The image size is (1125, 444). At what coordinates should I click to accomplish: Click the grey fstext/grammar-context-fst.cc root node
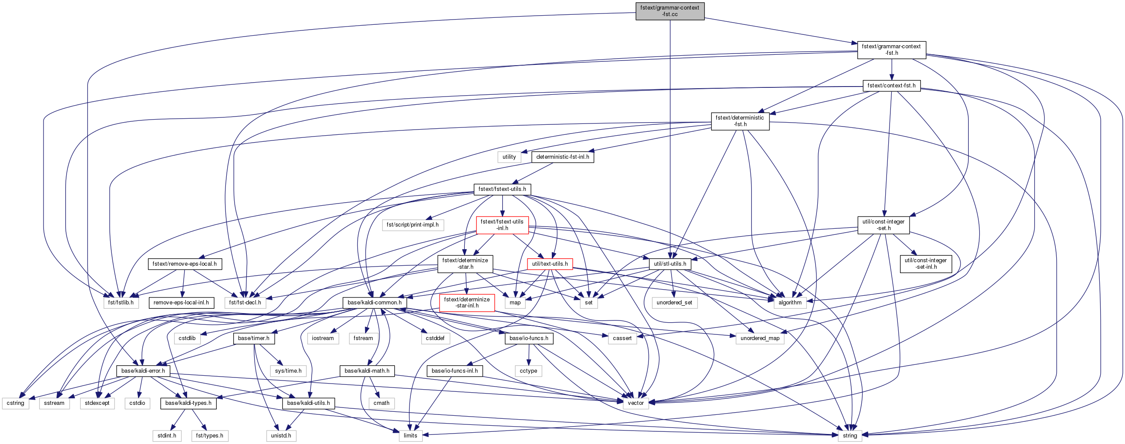(x=669, y=11)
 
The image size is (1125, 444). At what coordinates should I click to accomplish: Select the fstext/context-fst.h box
(x=891, y=86)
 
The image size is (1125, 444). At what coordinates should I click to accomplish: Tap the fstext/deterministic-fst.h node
(x=740, y=121)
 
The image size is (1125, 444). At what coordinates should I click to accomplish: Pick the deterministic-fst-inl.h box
(x=562, y=157)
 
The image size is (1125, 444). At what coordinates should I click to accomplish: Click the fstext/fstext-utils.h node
(x=502, y=189)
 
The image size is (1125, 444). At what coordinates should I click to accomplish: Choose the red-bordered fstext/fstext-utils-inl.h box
(x=502, y=225)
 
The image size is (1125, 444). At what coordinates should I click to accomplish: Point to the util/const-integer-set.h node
(x=883, y=225)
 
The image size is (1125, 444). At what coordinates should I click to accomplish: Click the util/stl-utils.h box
(x=670, y=264)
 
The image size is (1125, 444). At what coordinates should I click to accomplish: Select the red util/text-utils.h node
(x=550, y=264)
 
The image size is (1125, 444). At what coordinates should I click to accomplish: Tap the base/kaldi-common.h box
(x=375, y=302)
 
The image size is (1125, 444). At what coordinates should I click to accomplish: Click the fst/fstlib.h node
(x=121, y=302)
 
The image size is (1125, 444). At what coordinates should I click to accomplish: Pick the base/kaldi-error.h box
(x=143, y=371)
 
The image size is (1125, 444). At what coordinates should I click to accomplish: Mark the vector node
(x=635, y=403)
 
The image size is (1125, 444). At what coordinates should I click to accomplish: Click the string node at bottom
(x=850, y=435)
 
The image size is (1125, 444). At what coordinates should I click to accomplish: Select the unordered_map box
(x=760, y=338)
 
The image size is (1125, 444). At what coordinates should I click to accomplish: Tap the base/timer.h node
(x=254, y=338)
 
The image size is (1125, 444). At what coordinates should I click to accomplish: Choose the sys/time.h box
(x=288, y=371)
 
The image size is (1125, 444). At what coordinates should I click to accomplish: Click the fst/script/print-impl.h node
(x=413, y=225)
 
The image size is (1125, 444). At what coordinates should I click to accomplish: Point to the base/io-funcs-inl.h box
(x=455, y=371)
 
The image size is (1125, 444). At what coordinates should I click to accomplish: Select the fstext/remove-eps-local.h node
(x=185, y=264)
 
